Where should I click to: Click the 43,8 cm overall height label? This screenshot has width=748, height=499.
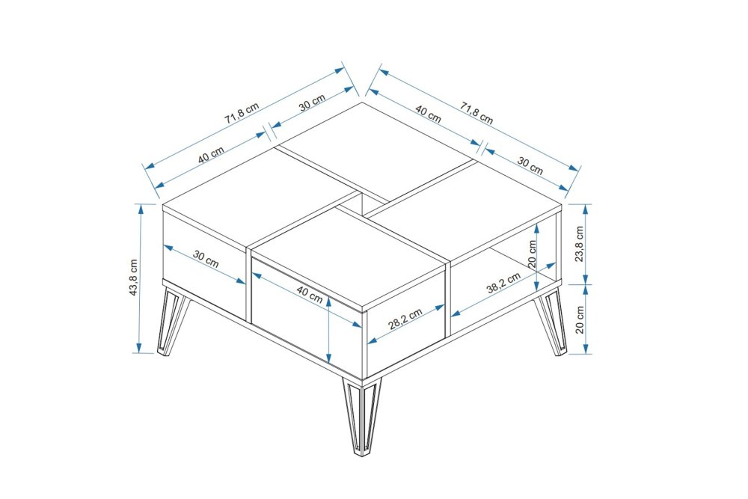134,278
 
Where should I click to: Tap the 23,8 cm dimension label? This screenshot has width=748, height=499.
579,244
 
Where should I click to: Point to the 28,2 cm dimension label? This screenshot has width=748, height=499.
405,319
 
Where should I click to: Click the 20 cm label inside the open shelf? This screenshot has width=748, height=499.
533,254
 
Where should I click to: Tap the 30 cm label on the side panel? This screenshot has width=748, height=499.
206,259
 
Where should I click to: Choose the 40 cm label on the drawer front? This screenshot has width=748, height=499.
310,295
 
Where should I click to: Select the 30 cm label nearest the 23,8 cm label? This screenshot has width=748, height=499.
530,166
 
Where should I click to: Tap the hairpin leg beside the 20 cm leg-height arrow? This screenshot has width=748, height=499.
551,322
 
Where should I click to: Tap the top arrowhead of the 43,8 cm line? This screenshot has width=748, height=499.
141,207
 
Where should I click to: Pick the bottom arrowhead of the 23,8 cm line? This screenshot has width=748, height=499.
586,280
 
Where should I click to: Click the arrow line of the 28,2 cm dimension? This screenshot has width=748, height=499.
406,325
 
